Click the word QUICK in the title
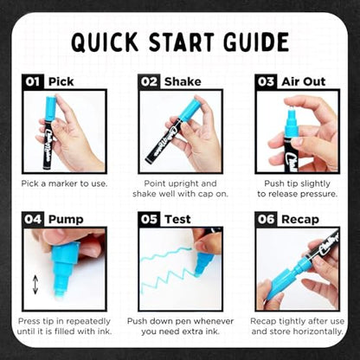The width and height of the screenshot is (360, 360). [105, 42]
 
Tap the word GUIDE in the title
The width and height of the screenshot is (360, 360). [256, 42]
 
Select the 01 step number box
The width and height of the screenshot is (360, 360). [33, 81]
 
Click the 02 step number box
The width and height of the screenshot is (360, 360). [149, 81]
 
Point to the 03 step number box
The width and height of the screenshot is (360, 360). [266, 81]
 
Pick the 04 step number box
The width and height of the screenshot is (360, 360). [33, 219]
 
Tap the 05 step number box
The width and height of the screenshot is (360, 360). [149, 219]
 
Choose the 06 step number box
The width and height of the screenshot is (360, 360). [266, 219]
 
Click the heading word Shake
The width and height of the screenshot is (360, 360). [183, 81]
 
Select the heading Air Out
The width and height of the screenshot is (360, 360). [304, 81]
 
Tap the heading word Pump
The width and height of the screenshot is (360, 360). [66, 220]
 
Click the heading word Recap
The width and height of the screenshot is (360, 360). [300, 220]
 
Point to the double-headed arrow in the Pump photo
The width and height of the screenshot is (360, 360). [35, 285]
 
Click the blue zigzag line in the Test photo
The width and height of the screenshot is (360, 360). [166, 267]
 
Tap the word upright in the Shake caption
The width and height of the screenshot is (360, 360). [180, 184]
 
